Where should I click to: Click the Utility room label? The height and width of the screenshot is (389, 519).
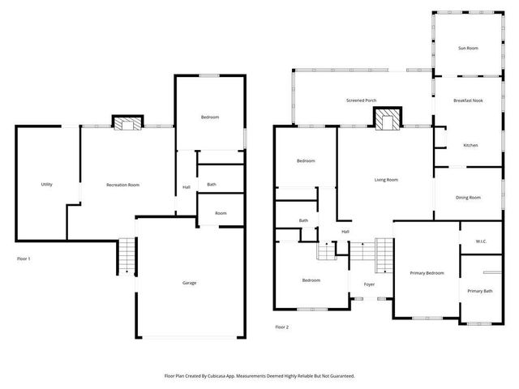click(47, 185)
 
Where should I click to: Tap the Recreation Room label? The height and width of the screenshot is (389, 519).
click(123, 185)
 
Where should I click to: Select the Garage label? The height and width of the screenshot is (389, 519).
click(189, 283)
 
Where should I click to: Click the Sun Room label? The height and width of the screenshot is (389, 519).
click(468, 49)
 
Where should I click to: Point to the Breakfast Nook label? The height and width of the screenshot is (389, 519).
click(468, 101)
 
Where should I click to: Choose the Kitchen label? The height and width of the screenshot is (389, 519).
click(470, 145)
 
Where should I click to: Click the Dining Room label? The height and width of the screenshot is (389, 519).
click(468, 198)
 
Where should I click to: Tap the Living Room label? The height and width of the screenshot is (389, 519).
click(386, 180)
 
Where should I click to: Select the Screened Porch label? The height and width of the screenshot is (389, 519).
click(361, 101)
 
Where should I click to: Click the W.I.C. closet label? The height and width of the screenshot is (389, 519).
click(480, 242)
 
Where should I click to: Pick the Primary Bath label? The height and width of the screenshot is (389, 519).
click(480, 291)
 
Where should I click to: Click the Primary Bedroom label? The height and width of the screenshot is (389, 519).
click(427, 273)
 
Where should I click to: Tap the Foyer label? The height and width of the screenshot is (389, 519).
click(369, 284)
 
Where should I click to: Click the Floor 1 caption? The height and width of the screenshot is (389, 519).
click(24, 259)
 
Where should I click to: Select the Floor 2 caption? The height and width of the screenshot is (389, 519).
click(281, 327)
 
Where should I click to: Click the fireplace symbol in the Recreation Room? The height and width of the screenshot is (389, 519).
click(127, 123)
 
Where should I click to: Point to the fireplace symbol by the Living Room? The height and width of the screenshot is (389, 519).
click(388, 120)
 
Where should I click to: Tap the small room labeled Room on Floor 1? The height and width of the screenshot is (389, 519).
click(221, 213)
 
